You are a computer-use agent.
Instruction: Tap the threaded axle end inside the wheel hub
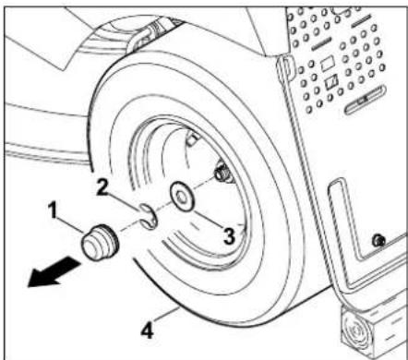tap(222, 173)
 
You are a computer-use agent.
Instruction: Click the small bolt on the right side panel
tap(376, 242)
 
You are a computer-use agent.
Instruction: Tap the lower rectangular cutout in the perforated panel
tap(330, 83)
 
